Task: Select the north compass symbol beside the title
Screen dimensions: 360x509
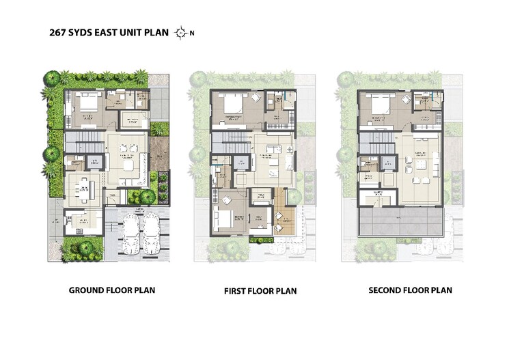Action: [x=181, y=32]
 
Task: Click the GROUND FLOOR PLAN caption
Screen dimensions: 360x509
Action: [x=112, y=290]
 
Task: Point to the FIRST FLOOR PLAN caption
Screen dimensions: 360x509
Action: [x=260, y=291]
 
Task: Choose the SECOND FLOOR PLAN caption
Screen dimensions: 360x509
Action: [x=410, y=290]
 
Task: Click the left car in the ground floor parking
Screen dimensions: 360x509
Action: [x=130, y=232]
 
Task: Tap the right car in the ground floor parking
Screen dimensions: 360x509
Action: [x=150, y=232]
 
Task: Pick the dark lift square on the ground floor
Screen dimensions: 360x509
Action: [x=96, y=163]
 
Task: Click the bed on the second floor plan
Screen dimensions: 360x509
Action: [x=380, y=105]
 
